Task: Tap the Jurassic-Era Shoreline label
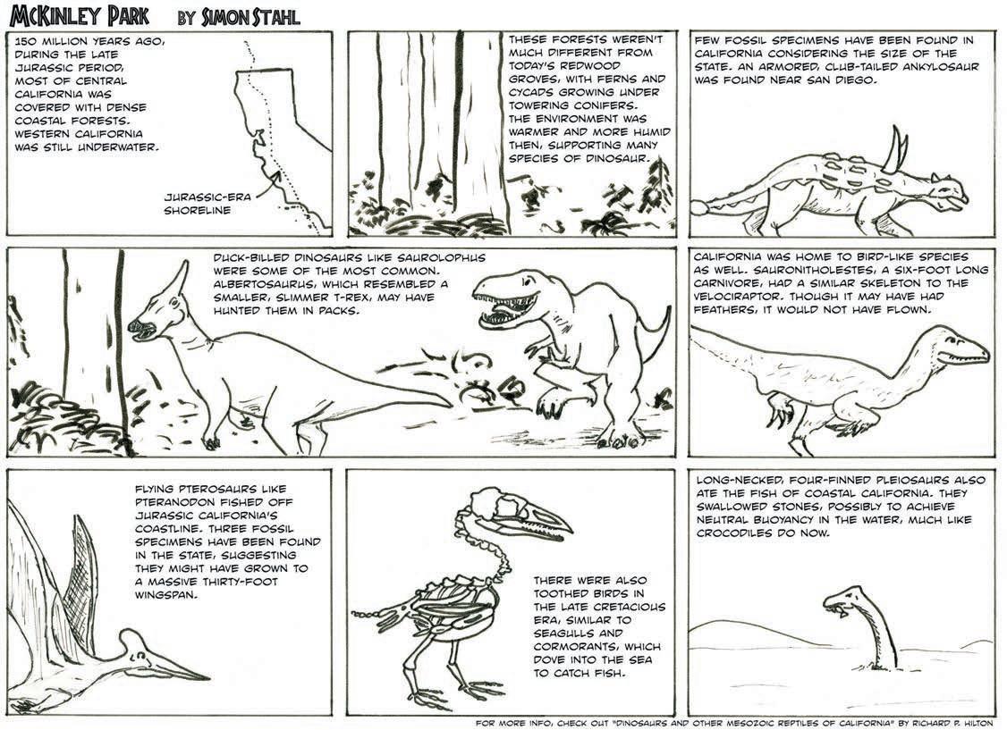pyautogui.click(x=207, y=204)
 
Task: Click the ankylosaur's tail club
pyautogui.click(x=700, y=207)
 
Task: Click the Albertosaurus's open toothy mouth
pyautogui.click(x=498, y=307)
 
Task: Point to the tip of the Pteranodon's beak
pyautogui.click(x=207, y=677)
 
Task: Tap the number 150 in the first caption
pyautogui.click(x=28, y=41)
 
